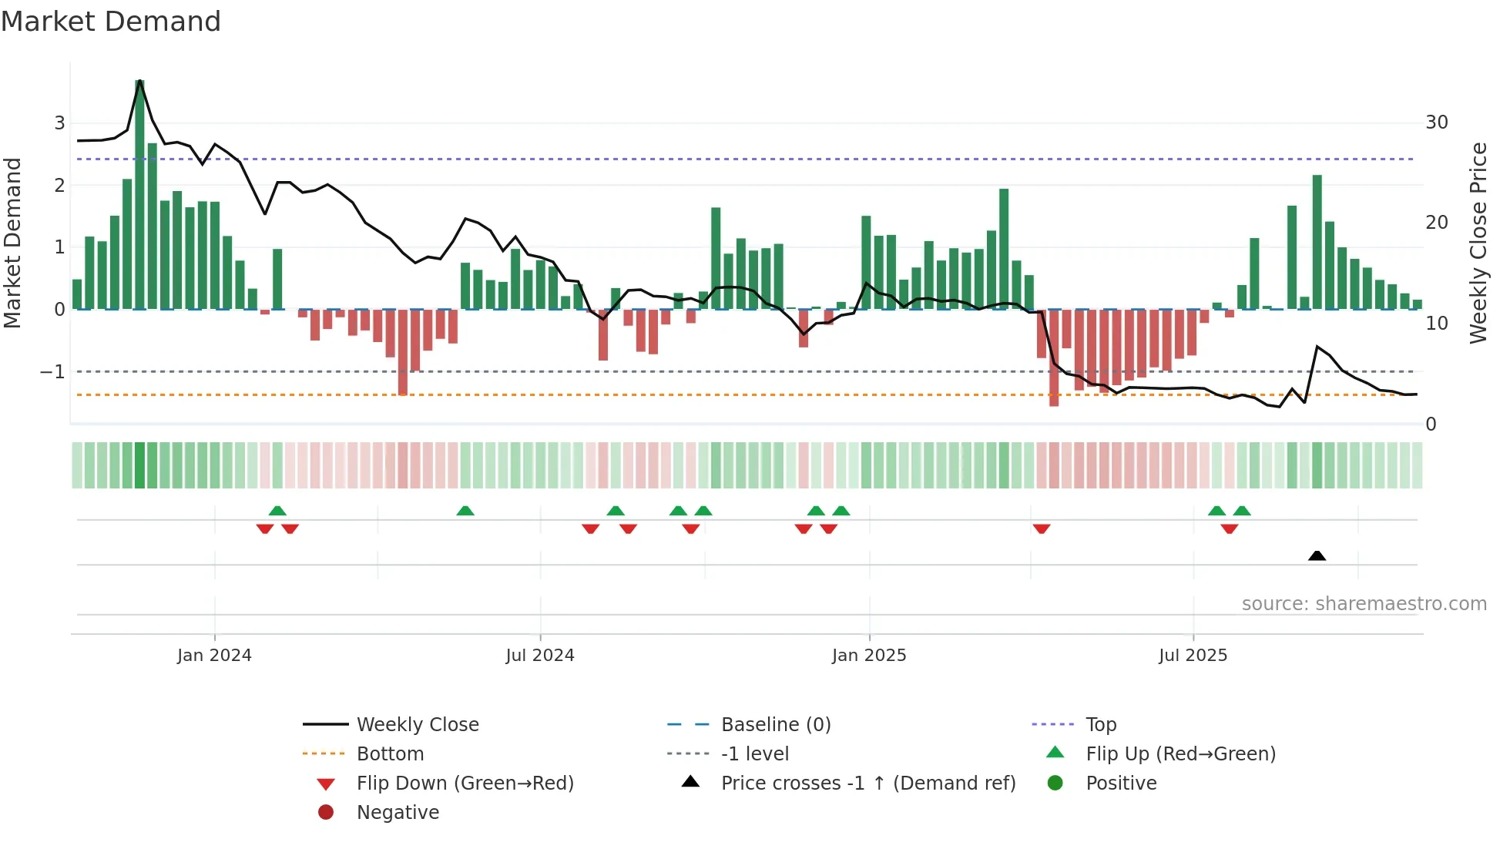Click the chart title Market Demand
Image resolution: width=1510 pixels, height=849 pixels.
tap(111, 22)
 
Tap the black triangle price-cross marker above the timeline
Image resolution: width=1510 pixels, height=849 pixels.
tap(1317, 555)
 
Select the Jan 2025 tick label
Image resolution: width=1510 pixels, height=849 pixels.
tap(869, 656)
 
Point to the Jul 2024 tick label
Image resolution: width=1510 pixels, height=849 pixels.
tap(540, 656)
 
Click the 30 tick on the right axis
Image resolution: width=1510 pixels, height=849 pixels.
tap(1436, 122)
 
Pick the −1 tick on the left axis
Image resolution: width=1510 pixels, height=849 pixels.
tap(52, 372)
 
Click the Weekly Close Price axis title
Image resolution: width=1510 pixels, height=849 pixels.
tap(1478, 243)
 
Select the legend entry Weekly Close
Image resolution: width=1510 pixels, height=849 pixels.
tap(418, 725)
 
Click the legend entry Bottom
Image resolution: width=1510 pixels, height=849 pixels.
tap(390, 754)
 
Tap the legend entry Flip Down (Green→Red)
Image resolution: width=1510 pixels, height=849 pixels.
tap(465, 784)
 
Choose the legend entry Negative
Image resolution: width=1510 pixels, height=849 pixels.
tap(398, 813)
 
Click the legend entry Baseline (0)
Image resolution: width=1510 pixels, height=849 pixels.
tap(776, 725)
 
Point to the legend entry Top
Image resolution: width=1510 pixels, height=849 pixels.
tap(1101, 725)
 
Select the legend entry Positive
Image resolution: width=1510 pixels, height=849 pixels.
tap(1121, 784)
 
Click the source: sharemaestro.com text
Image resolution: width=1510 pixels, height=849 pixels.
tap(1364, 604)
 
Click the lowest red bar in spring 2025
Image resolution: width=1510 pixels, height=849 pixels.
tap(1054, 358)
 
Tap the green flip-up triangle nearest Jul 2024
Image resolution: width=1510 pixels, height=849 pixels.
tap(616, 511)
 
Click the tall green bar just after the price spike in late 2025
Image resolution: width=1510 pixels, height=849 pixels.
tap(1317, 243)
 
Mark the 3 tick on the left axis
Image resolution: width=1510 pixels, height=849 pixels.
tap(59, 123)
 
